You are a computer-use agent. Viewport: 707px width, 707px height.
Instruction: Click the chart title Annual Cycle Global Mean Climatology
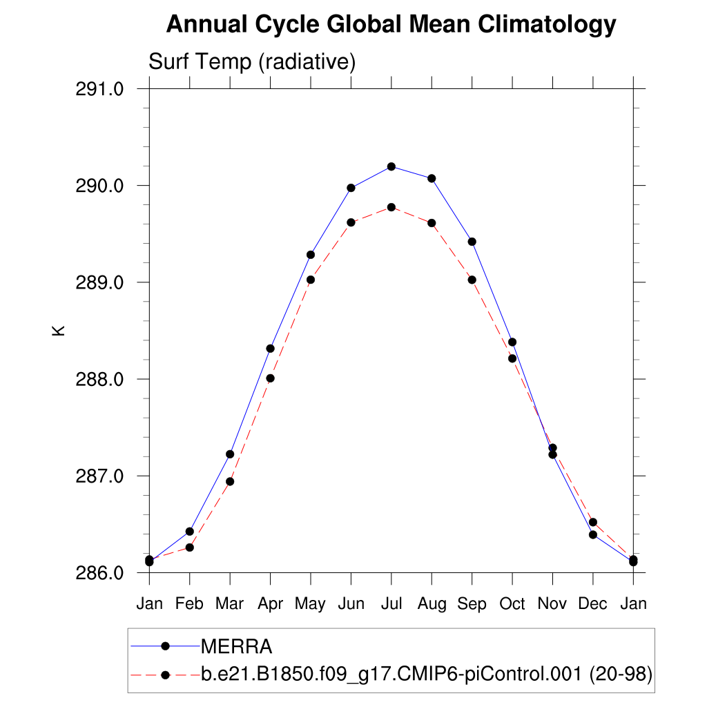391,25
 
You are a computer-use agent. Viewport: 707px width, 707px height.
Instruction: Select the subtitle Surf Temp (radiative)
252,62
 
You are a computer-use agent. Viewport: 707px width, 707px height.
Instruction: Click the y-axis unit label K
59,330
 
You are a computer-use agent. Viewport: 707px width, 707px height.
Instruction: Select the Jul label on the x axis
391,604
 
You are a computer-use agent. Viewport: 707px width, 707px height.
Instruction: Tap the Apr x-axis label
270,604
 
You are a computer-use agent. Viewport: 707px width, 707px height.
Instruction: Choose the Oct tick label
512,604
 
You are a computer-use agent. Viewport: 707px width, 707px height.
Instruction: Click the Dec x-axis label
592,604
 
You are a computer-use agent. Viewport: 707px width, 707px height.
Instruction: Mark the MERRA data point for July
391,166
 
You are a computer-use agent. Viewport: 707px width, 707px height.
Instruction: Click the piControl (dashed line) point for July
391,207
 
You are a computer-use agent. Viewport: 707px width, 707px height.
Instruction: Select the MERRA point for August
432,178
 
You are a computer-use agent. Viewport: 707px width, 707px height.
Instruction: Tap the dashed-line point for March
230,481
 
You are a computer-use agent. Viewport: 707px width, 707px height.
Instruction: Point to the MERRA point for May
311,255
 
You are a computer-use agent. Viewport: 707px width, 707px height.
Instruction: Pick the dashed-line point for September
472,280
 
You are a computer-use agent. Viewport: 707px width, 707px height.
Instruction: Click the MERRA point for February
190,532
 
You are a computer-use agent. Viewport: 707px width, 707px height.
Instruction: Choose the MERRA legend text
237,647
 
